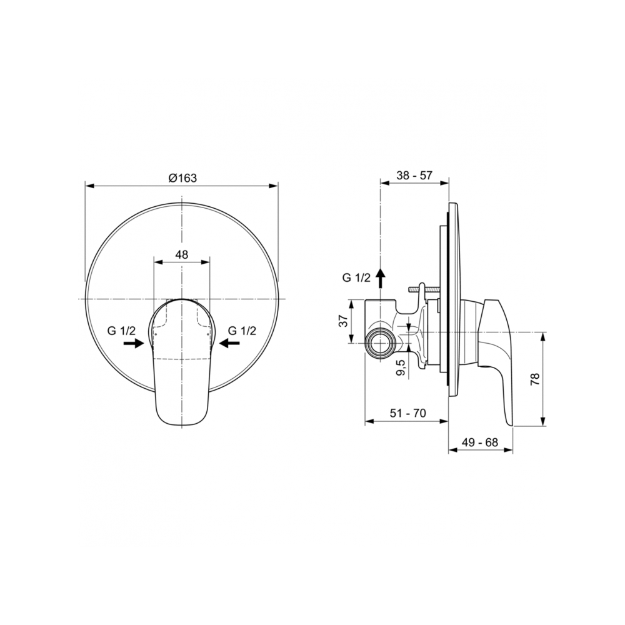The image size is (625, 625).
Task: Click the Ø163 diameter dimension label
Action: [x=182, y=177]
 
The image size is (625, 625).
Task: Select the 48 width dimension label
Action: [x=182, y=254]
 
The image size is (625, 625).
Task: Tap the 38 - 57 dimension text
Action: [x=414, y=176]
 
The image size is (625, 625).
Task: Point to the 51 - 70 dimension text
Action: [x=407, y=413]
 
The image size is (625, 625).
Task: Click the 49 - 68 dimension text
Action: [x=480, y=442]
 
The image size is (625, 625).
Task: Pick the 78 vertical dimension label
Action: [x=535, y=379]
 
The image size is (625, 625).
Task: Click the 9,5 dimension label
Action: [x=401, y=367]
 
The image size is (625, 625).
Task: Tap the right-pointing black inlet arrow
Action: [x=134, y=342]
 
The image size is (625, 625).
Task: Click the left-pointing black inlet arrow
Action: [x=229, y=342]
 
